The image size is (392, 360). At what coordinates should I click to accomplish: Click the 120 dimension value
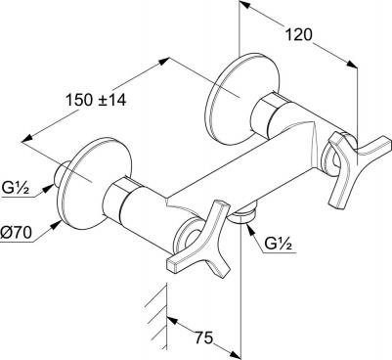[299, 34]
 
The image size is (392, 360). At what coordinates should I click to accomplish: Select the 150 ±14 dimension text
[96, 100]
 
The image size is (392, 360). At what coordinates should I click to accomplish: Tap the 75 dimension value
[204, 337]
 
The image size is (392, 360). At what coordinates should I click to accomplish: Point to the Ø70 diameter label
[16, 233]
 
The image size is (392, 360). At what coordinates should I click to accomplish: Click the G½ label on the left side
[15, 189]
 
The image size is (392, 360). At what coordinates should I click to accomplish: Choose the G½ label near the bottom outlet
[278, 244]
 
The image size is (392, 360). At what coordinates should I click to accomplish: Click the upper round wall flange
[242, 99]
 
